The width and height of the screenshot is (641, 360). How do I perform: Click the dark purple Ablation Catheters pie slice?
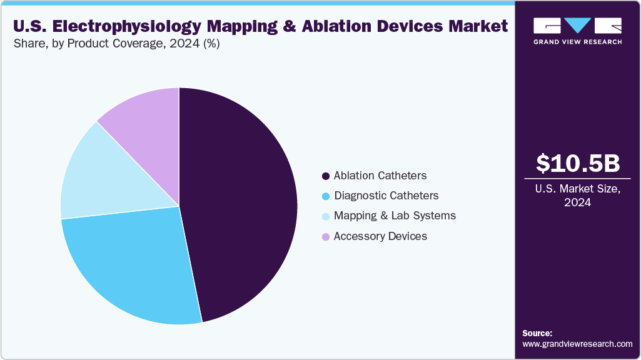click(x=244, y=200)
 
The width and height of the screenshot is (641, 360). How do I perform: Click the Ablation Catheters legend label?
click(x=380, y=176)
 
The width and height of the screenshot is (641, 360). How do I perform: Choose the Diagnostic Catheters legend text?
click(x=386, y=196)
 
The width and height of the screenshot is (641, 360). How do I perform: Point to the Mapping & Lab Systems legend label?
click(x=395, y=216)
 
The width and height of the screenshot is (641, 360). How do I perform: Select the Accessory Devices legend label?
click(x=380, y=236)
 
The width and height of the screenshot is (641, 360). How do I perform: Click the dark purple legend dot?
click(x=325, y=176)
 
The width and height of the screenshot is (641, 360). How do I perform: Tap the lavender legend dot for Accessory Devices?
click(x=325, y=237)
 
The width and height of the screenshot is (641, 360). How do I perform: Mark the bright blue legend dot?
click(x=325, y=196)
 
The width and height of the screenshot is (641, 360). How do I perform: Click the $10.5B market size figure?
click(x=578, y=164)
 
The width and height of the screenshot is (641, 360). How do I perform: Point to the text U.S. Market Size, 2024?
click(x=578, y=196)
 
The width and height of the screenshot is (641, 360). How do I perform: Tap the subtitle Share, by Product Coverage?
click(x=116, y=44)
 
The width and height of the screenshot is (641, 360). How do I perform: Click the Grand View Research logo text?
click(x=577, y=42)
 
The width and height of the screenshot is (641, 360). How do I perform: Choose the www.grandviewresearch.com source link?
click(x=577, y=344)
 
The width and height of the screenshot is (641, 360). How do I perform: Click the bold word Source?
click(x=537, y=333)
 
